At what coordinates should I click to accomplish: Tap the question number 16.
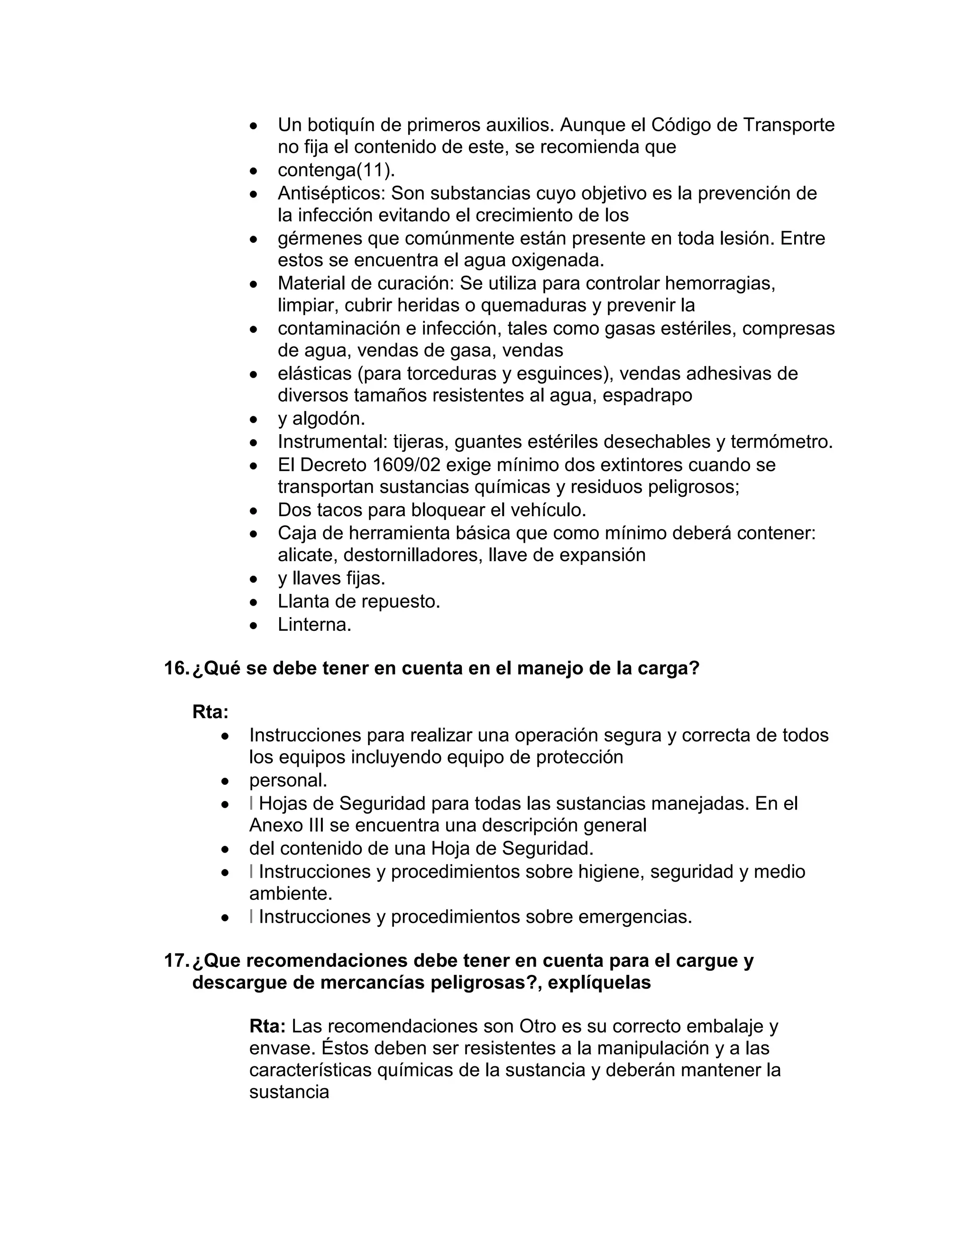coord(175,668)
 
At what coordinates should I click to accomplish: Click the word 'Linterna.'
coord(314,625)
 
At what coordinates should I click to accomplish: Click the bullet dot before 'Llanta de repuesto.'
coord(254,602)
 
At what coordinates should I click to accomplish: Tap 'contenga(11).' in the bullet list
coord(336,170)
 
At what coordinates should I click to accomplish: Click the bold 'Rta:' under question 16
coord(210,712)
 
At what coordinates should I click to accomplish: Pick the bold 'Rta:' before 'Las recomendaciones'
coord(267,1026)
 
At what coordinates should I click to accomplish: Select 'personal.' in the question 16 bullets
coord(288,781)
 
